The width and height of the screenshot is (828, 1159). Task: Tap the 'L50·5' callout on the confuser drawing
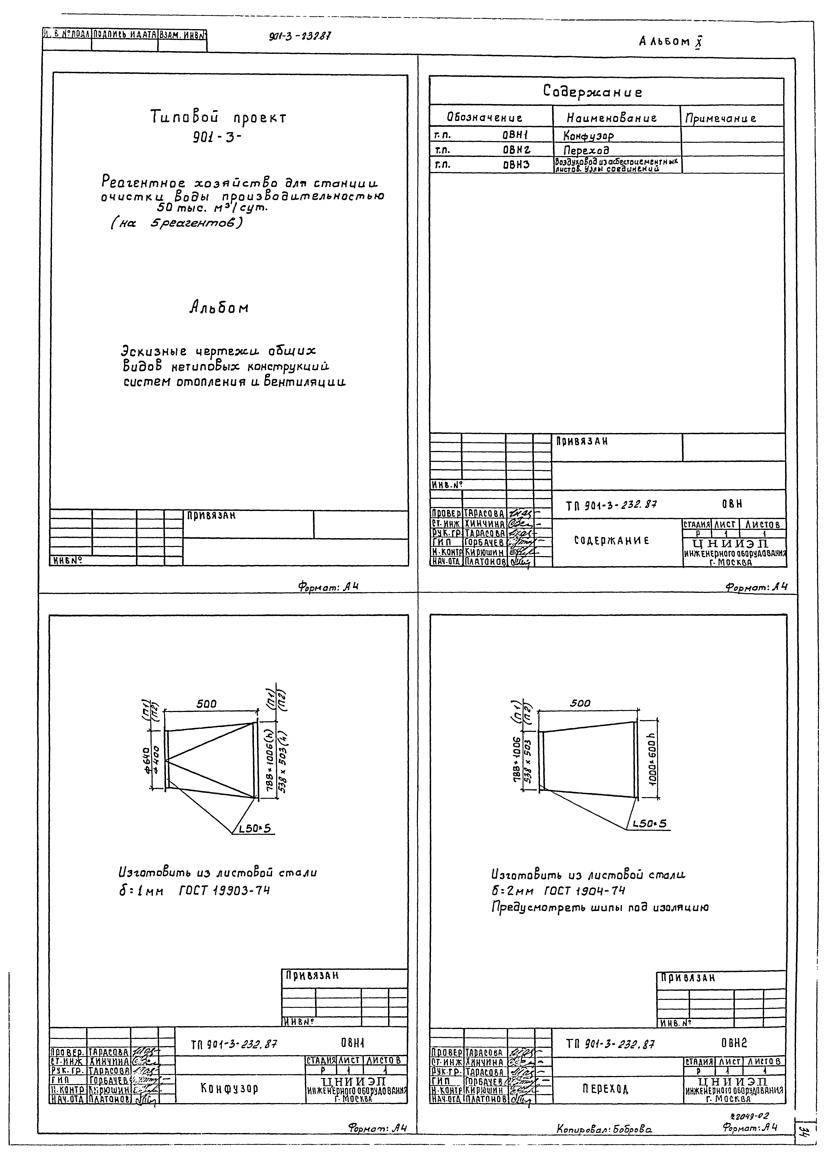point(255,829)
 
